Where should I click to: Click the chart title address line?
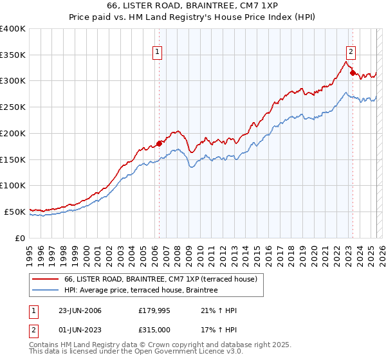193,5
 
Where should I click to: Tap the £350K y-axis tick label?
13,55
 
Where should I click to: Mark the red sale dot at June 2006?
159,143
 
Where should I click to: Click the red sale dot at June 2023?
352,73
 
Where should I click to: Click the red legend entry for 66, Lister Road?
161,279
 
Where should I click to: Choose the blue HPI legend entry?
141,291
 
